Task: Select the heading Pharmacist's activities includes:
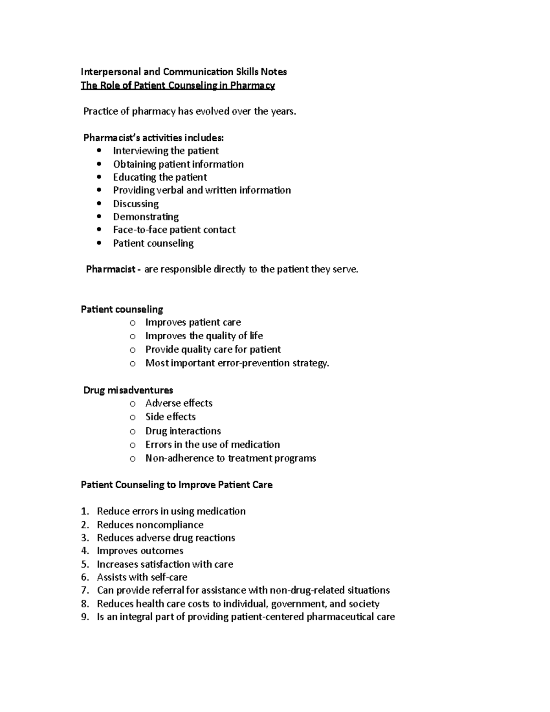pos(154,138)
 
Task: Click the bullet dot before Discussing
pos(99,204)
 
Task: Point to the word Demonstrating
pos(146,216)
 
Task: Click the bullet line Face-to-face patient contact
pos(174,230)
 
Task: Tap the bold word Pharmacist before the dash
pos(110,269)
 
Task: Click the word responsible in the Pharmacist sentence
pos(186,269)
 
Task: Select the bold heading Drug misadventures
pos(128,390)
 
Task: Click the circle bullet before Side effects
pos(132,418)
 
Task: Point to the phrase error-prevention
pos(272,363)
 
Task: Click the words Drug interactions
pos(183,431)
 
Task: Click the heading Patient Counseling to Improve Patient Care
pos(176,485)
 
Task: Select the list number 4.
pos(84,551)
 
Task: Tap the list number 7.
pos(84,590)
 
